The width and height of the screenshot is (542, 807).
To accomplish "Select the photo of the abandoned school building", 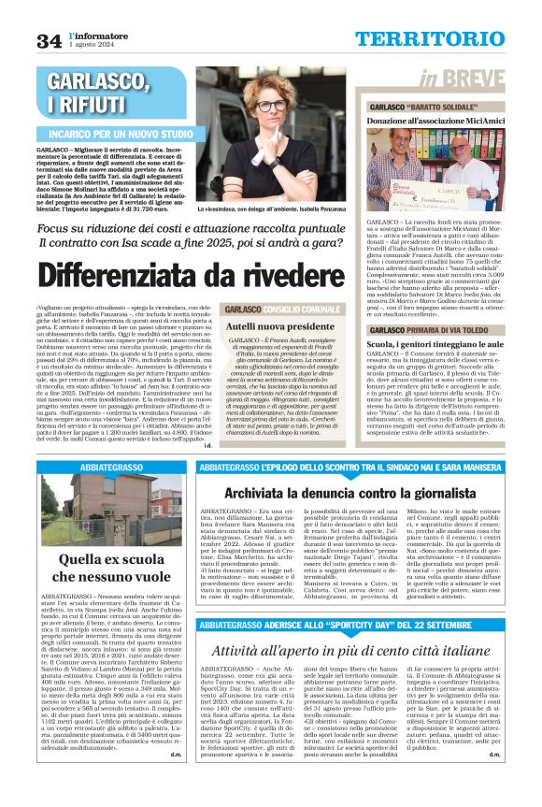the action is click(112, 511).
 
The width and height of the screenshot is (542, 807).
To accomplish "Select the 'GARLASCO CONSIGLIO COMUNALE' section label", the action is click(270, 309).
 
